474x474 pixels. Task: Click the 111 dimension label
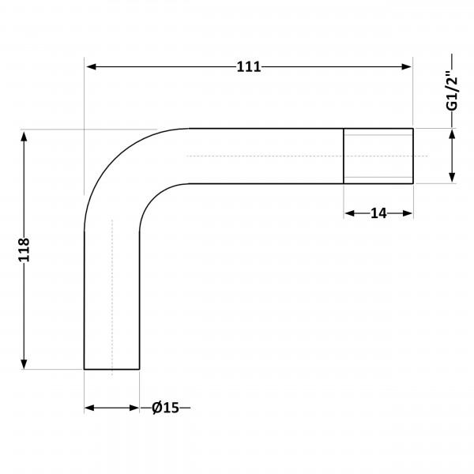pos(249,67)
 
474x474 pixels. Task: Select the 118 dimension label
pos(24,250)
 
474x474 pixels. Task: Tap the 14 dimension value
pos(378,214)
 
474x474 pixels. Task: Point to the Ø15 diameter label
pos(165,408)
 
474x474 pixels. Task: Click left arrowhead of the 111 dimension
pos(92,67)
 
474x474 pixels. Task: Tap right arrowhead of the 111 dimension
pos(406,67)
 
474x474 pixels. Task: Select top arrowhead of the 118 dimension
pos(24,137)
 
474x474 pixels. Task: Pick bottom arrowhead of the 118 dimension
pos(24,363)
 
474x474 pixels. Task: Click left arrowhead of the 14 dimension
pos(350,214)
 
